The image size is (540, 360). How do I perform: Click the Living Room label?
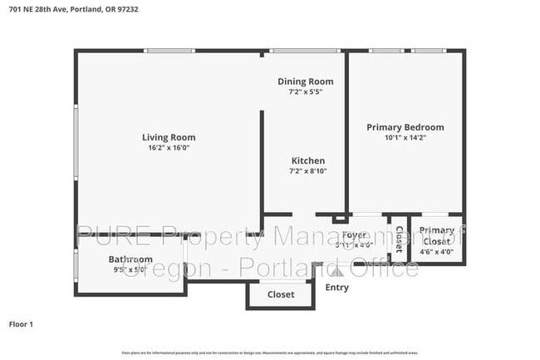tap(169, 137)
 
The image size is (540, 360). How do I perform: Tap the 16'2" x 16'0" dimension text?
tap(169, 148)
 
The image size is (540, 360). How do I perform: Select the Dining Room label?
tap(305, 81)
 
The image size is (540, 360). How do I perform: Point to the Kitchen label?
tap(307, 160)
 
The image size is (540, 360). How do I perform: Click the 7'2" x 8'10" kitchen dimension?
tap(307, 171)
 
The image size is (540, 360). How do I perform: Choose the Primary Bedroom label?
tap(405, 127)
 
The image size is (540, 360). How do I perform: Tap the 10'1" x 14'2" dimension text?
tap(405, 138)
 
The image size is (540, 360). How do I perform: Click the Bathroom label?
tap(130, 259)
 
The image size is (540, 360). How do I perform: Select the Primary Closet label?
tap(436, 235)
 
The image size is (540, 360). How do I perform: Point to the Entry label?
tap(336, 288)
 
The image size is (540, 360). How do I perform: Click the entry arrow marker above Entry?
tap(337, 270)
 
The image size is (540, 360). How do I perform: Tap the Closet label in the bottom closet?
tap(280, 294)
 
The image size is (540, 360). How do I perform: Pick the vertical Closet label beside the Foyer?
tap(399, 239)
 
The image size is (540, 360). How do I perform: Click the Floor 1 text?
tap(21, 323)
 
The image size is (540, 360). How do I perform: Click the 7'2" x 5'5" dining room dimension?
tap(305, 91)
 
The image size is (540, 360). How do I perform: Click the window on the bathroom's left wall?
tap(76, 265)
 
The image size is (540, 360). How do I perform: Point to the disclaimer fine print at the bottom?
tap(269, 353)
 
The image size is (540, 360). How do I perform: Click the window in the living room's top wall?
tap(169, 52)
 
